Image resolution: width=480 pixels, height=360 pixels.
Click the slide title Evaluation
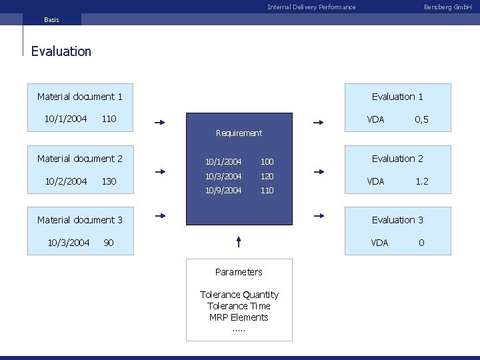(61, 51)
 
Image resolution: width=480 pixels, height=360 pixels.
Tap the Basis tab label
(51, 20)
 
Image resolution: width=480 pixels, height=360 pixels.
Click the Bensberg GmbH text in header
(447, 7)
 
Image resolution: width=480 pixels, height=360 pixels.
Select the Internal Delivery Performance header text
(311, 7)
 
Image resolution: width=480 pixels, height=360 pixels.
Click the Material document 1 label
(80, 97)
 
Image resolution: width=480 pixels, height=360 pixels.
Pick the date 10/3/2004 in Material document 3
(69, 243)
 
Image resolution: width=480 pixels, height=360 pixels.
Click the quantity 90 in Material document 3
(109, 243)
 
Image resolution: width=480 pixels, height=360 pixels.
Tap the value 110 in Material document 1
(109, 119)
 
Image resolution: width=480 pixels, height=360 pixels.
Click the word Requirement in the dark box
(239, 133)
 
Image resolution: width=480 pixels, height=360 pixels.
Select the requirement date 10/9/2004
(224, 191)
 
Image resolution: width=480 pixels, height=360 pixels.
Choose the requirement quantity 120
(267, 176)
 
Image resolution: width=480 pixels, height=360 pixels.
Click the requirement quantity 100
(267, 162)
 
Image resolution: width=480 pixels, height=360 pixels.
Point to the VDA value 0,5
(421, 119)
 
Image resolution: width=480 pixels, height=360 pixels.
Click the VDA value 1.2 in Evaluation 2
(422, 181)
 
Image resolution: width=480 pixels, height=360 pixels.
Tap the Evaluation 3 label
(397, 220)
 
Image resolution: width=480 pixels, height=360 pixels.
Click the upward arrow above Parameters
(239, 241)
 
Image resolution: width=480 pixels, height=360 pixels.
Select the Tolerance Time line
(239, 306)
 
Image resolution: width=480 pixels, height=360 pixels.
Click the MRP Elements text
(239, 317)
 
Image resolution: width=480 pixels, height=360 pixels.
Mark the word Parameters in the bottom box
(239, 272)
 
